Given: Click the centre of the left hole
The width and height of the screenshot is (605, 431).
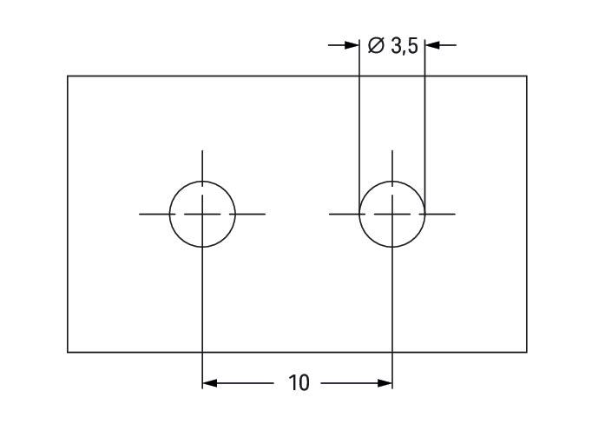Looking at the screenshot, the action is [x=202, y=214].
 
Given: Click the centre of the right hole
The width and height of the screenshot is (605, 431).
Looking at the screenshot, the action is [x=392, y=214].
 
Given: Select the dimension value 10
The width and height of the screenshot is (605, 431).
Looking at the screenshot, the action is [x=299, y=382].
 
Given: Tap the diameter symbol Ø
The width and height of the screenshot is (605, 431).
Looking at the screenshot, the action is [x=376, y=45].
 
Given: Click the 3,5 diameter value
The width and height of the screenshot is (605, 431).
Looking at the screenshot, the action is [x=404, y=46].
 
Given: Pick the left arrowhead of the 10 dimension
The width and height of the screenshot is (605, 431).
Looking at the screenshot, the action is [x=209, y=383].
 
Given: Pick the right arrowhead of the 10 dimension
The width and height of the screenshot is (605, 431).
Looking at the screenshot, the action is [x=385, y=383].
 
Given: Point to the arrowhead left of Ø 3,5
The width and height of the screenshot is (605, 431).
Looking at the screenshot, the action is [x=352, y=45].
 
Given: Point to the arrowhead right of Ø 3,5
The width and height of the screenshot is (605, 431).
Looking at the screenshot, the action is [x=432, y=45].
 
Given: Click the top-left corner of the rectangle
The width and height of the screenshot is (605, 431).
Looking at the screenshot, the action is [x=68, y=76].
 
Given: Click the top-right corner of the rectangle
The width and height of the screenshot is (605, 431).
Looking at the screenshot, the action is [x=527, y=76].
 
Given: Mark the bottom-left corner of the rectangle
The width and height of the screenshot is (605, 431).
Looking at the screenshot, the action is [x=68, y=352].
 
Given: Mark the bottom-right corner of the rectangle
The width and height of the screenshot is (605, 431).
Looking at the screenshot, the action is [x=527, y=352].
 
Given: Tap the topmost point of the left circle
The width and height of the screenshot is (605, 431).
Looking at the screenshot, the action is [x=202, y=181].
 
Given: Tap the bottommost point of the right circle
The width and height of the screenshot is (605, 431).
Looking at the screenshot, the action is [x=392, y=247].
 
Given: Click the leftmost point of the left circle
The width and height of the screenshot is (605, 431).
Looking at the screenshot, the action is [x=170, y=214].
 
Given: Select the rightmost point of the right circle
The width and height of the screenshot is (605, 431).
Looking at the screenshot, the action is [x=424, y=214].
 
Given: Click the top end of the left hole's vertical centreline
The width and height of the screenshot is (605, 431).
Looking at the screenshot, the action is [x=202, y=150].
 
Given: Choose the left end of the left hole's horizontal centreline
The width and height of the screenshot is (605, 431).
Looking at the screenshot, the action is [x=139, y=214].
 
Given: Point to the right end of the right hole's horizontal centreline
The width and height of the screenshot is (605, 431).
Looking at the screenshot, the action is [x=456, y=214].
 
